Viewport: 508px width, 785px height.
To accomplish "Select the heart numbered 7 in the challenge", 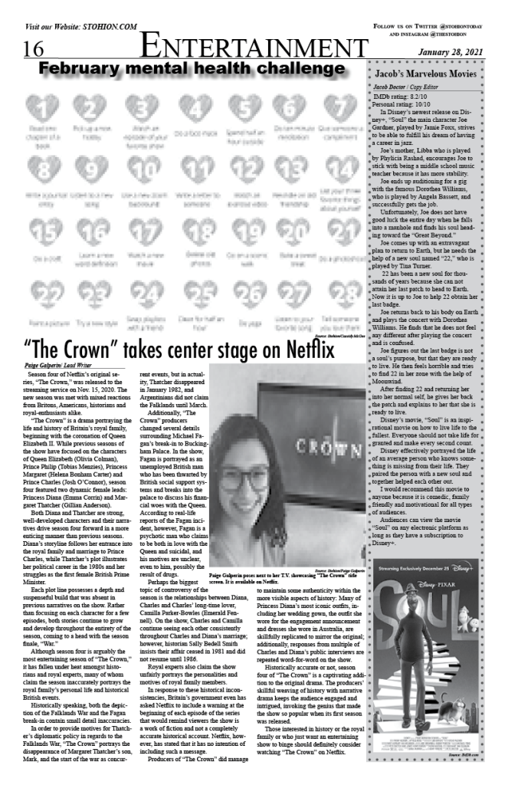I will pos(336,107).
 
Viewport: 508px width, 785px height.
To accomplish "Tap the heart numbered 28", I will pos(336,294).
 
